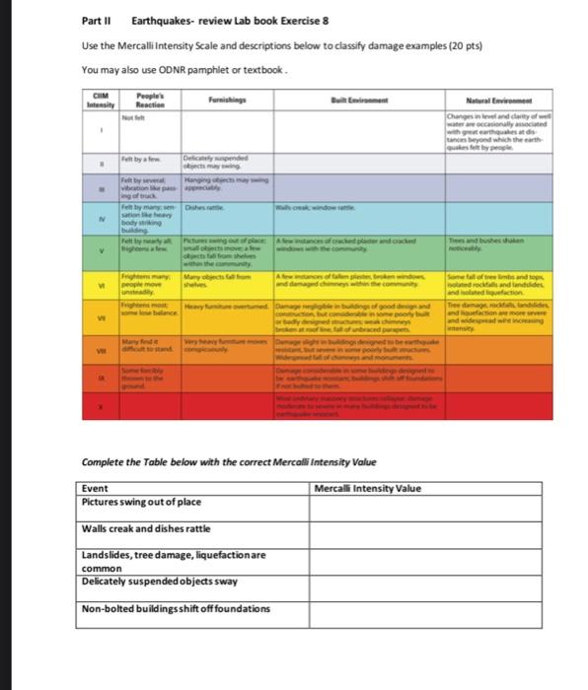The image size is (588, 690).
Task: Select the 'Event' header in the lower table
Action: point(96,488)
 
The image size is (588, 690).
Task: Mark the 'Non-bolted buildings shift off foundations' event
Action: point(175,607)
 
